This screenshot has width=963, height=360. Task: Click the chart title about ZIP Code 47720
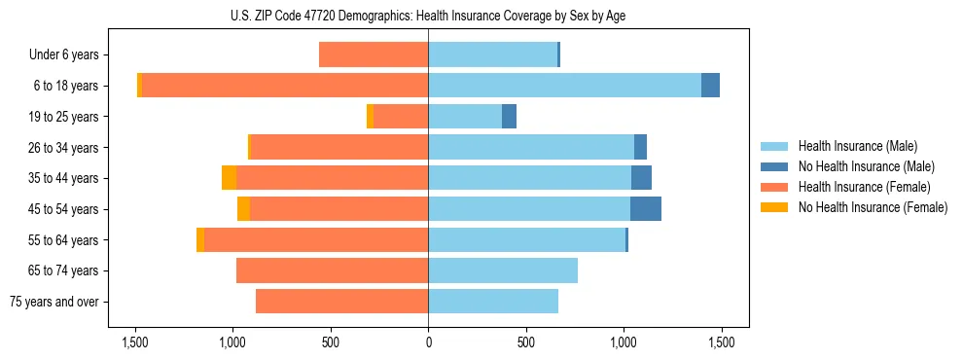click(428, 16)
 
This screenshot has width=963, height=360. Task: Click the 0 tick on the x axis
click(428, 342)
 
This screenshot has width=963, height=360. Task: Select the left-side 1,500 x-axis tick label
click(134, 342)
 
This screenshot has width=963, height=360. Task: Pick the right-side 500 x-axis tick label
click(525, 342)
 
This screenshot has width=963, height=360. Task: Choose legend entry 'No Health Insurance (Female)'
click(873, 207)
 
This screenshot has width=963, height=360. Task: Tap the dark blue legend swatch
click(775, 166)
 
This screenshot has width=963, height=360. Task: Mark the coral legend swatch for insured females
click(775, 187)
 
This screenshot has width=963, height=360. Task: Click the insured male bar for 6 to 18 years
click(564, 86)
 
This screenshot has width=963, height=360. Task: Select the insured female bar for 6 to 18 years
click(285, 86)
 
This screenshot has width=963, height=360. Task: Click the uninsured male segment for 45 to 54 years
click(646, 209)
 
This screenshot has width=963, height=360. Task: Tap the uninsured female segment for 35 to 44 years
click(229, 178)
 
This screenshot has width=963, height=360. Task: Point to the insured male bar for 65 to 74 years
click(503, 270)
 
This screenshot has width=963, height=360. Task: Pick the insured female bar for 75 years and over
click(341, 302)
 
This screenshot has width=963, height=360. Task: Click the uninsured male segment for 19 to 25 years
click(509, 117)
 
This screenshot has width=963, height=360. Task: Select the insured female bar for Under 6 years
click(374, 55)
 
